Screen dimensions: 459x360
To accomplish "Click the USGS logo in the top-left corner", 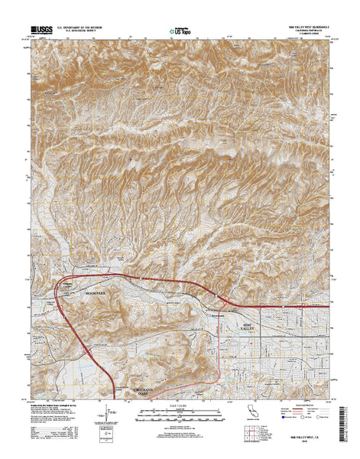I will click(x=43, y=31).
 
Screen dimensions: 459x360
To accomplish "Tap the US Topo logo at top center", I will click(x=178, y=31).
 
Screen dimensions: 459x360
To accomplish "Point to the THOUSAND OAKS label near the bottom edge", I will click(x=133, y=393).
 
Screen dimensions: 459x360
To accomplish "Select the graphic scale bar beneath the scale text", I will click(x=179, y=413).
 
